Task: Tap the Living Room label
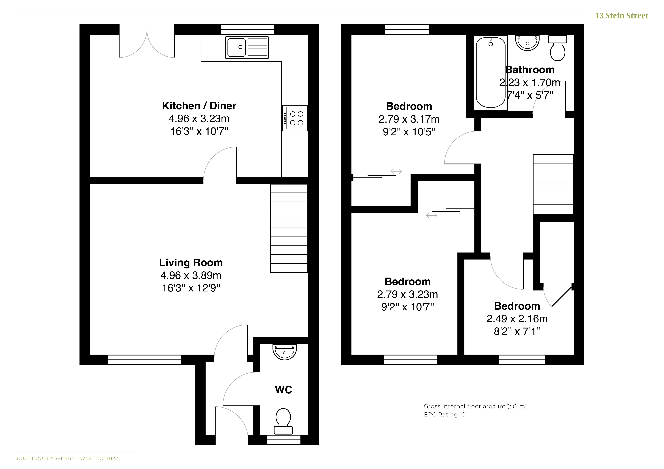[x=191, y=263]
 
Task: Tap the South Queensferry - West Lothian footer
[x=68, y=458]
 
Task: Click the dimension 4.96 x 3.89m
[x=191, y=276]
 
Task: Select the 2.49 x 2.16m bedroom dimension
[x=517, y=319]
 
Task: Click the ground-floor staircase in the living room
[x=289, y=228]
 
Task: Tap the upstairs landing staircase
[x=553, y=184]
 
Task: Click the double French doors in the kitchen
[x=147, y=43]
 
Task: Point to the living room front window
[x=145, y=360]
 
